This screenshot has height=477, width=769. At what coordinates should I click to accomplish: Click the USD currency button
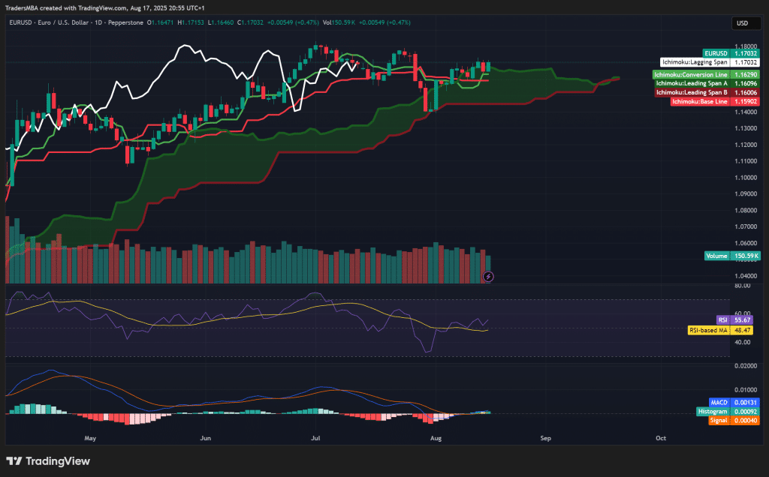pyautogui.click(x=742, y=23)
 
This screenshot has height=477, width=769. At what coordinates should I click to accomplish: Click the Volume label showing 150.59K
pyautogui.click(x=732, y=256)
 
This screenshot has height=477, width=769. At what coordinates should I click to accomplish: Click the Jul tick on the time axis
pyautogui.click(x=316, y=436)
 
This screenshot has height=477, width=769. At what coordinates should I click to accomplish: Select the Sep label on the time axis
pyautogui.click(x=546, y=436)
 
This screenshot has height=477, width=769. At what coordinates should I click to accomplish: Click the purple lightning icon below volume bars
pyautogui.click(x=489, y=277)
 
